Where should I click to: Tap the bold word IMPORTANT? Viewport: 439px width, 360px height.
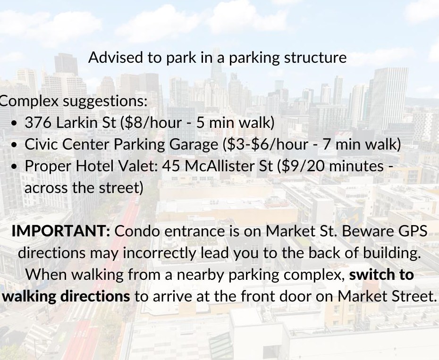pos(60,231)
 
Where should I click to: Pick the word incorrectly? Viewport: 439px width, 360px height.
pos(166,253)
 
